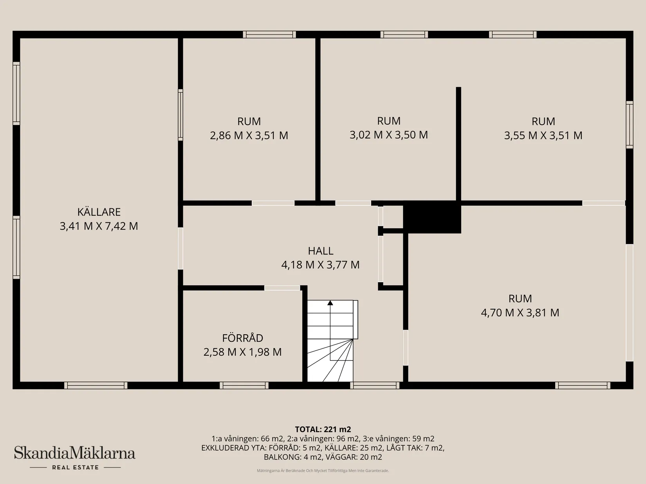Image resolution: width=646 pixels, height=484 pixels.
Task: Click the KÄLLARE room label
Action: pyautogui.click(x=99, y=212)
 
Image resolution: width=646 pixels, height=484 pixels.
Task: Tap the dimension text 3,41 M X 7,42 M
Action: pyautogui.click(x=99, y=226)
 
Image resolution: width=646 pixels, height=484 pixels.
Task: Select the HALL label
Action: pyautogui.click(x=320, y=251)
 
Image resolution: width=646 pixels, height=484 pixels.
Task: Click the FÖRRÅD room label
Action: pyautogui.click(x=242, y=338)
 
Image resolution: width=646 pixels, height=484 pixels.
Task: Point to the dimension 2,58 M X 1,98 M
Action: pyautogui.click(x=242, y=352)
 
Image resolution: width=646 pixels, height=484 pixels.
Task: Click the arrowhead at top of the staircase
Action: pyautogui.click(x=330, y=303)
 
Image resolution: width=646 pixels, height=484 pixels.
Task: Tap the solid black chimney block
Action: pyautogui.click(x=432, y=217)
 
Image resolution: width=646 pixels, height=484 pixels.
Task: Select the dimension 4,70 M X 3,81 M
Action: pyautogui.click(x=520, y=313)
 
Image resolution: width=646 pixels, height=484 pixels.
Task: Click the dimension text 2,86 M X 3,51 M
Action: pyautogui.click(x=249, y=135)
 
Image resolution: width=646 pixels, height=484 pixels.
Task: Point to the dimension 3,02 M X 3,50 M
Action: pyautogui.click(x=388, y=135)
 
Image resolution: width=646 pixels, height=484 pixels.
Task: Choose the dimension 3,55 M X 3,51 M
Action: pyautogui.click(x=543, y=135)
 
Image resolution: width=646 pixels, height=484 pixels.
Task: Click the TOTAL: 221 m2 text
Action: pyautogui.click(x=323, y=429)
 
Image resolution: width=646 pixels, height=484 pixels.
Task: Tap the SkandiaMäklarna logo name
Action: pyautogui.click(x=75, y=453)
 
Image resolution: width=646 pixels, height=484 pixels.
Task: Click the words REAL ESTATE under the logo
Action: pyautogui.click(x=75, y=467)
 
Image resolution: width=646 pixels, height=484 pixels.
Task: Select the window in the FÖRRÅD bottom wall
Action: pyautogui.click(x=244, y=385)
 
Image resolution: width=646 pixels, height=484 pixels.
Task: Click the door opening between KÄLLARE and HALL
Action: pyautogui.click(x=180, y=249)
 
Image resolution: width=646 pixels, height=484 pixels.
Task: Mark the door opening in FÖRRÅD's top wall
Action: pyautogui.click(x=282, y=288)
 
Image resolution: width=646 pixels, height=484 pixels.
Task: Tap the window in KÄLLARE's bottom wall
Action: pyautogui.click(x=96, y=385)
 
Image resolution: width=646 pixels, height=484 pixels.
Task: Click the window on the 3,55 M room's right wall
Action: pyautogui.click(x=629, y=125)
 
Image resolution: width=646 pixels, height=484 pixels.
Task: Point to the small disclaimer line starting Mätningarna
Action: pyautogui.click(x=323, y=471)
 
